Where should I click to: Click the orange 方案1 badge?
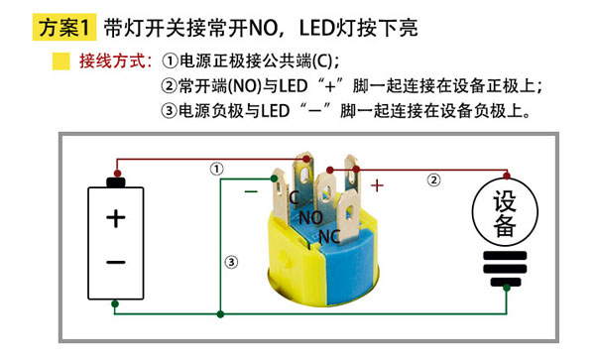(66, 27)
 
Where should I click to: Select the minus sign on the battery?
(115, 262)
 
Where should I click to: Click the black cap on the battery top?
(115, 181)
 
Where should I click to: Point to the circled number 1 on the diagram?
(217, 170)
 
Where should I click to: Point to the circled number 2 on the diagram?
(433, 180)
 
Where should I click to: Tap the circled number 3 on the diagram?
(231, 262)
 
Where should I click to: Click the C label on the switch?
(295, 197)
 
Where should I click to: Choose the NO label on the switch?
(310, 217)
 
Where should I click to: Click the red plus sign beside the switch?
(377, 184)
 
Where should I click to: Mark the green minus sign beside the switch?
(252, 185)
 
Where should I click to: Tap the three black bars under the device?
(505, 266)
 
